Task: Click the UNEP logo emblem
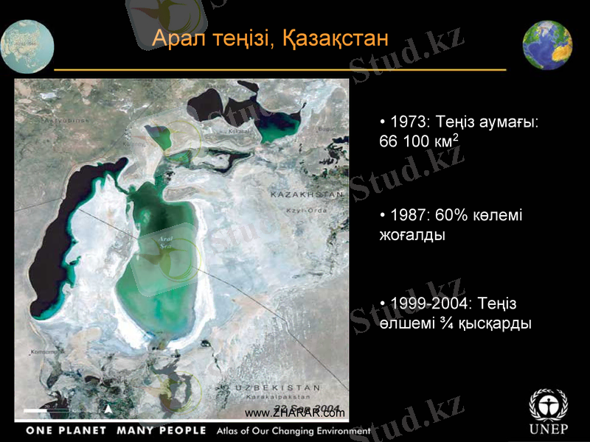pyautogui.click(x=549, y=404)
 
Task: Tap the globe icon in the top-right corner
pyautogui.click(x=548, y=46)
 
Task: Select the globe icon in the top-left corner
pyautogui.click(x=27, y=46)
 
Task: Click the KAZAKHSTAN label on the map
pyautogui.click(x=308, y=194)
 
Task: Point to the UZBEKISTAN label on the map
pyautogui.click(x=278, y=387)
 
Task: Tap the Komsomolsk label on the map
pyautogui.click(x=48, y=352)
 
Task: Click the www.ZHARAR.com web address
pyautogui.click(x=294, y=413)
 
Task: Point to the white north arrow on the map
pyautogui.click(x=109, y=408)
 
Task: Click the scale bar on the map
pyautogui.click(x=46, y=410)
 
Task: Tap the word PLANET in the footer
pyautogui.click(x=80, y=430)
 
